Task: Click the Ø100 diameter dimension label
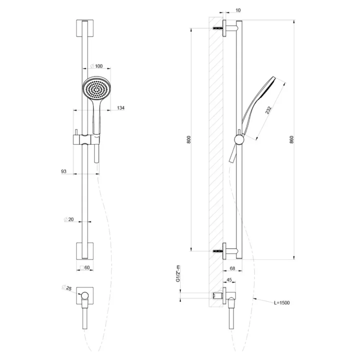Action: coord(96,66)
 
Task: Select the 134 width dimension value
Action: coord(121,108)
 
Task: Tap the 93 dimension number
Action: coord(64,171)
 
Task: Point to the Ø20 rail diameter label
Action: coord(69,220)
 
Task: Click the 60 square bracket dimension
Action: coord(85,267)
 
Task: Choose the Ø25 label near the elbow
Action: coord(67,288)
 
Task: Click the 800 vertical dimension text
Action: coord(189,140)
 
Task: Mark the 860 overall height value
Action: coord(292,140)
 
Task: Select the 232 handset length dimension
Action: coord(268,110)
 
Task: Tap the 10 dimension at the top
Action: coord(238,10)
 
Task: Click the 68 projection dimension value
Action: coord(232,268)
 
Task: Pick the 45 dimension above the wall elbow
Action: coord(229,280)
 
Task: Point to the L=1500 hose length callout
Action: coord(282,303)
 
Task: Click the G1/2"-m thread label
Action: coord(178,274)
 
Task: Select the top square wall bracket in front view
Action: coord(85,28)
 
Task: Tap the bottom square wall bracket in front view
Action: coord(85,251)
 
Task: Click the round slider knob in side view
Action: coord(240,139)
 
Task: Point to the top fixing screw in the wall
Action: coord(218,28)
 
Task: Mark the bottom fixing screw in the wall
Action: coord(218,251)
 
